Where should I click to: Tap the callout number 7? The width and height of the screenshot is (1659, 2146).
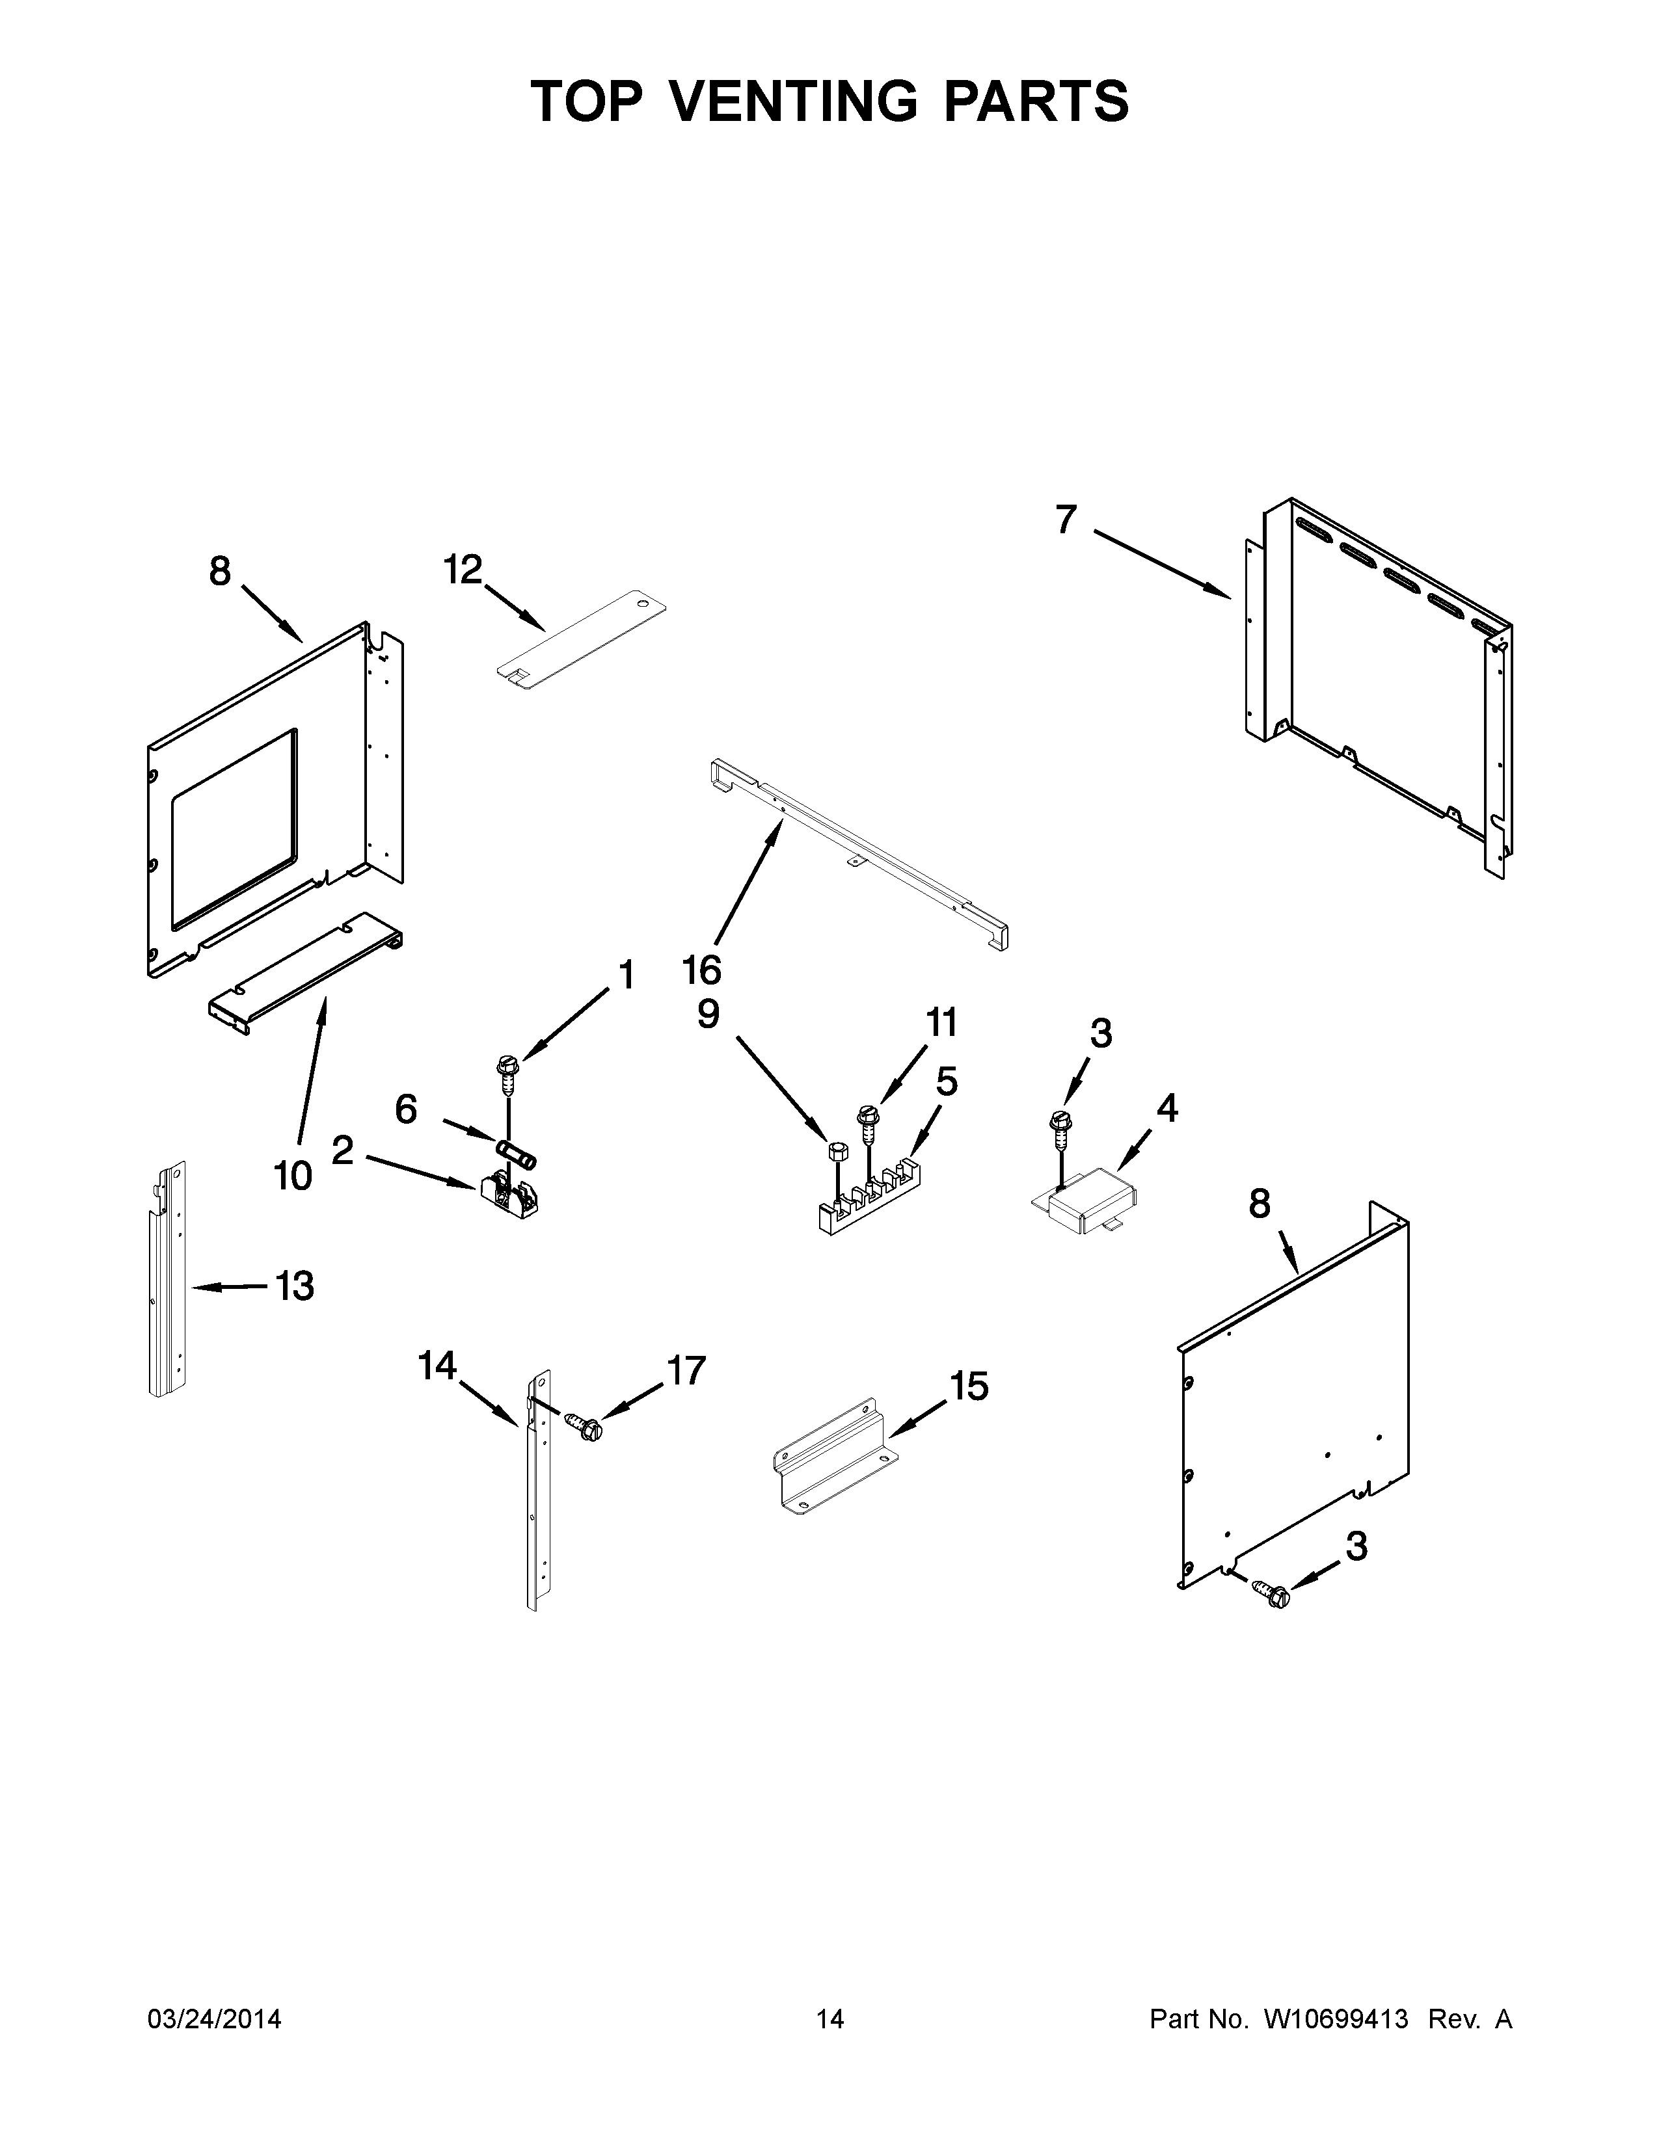[1066, 519]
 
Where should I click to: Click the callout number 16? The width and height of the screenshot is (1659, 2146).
[702, 970]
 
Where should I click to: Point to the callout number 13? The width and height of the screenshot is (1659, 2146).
[295, 1285]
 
